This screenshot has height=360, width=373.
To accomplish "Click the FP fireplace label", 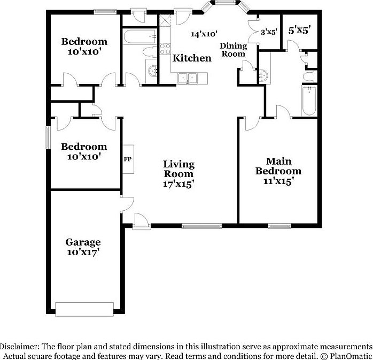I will [x=128, y=159].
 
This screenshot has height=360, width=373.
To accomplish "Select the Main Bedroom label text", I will [x=278, y=166].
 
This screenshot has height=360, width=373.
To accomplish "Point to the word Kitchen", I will [x=192, y=58].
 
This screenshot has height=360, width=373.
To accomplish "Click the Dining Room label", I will [x=233, y=50].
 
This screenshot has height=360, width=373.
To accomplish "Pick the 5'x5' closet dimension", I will [x=299, y=30].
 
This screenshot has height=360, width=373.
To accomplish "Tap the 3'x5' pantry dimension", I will [x=269, y=32].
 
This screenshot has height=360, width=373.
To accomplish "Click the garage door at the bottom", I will [x=84, y=309].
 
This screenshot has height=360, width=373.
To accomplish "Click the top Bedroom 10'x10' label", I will [x=84, y=47].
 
